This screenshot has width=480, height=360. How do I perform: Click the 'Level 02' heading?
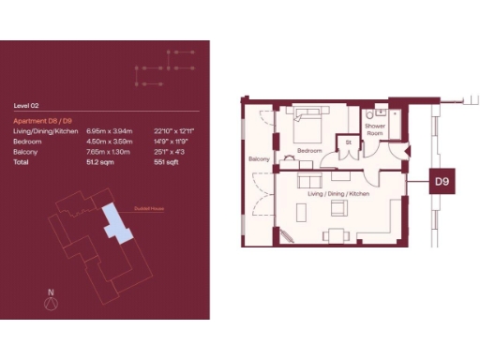25,106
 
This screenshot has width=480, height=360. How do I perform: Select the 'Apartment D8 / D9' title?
39,122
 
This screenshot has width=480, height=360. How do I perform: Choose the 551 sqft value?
163,162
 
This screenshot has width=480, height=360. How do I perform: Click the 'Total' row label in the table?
22,162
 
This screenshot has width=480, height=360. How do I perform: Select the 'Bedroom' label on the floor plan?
309,150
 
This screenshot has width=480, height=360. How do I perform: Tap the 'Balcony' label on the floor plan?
259,159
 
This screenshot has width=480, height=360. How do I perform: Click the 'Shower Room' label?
375,129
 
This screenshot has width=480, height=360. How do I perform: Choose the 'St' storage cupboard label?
348,142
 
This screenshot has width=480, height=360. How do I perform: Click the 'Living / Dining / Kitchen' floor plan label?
337,193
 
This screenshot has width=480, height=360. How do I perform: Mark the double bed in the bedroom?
308,126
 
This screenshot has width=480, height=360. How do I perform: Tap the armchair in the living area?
333,234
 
